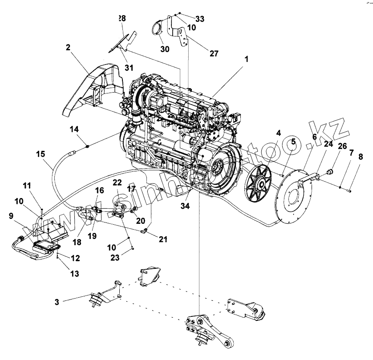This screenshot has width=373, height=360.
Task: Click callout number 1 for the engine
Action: point(246,58)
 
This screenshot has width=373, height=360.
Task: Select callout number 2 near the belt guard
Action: point(68,46)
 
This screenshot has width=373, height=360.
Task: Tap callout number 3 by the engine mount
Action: point(57,302)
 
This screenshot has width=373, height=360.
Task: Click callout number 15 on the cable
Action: point(41,154)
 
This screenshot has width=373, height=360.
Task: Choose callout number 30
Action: point(165,49)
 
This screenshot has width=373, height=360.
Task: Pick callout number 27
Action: point(214,53)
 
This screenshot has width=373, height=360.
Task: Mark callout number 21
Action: point(163,240)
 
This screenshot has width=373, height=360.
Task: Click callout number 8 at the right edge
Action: point(361,157)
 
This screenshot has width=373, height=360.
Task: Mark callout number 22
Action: point(117,182)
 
